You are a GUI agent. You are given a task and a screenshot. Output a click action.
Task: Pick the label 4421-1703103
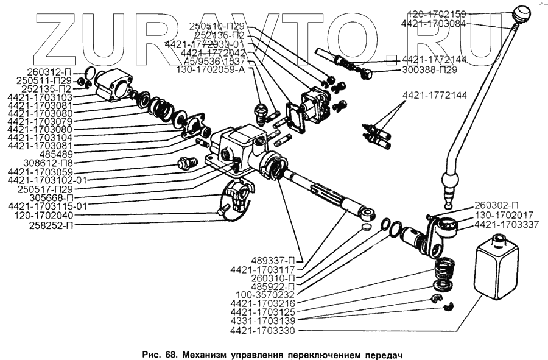point(41,97)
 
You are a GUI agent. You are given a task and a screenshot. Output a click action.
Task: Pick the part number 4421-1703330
point(262,331)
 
